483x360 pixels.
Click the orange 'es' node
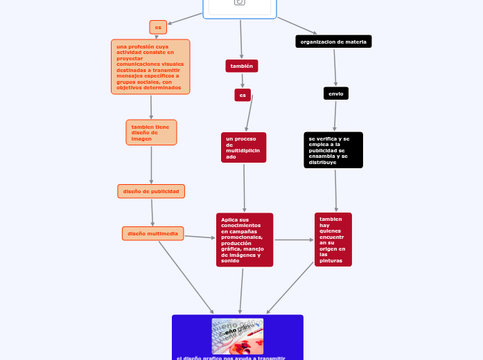coord(158,27)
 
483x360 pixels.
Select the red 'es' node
coord(243,95)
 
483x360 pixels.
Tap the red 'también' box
coord(242,66)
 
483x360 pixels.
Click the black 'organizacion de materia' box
coord(333,42)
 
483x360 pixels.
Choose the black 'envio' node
coord(336,93)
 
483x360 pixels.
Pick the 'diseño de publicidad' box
coord(151,191)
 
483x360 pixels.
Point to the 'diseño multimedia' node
coord(152,233)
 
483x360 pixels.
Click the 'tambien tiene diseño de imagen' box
coord(151,132)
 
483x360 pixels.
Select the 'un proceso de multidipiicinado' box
coord(243,147)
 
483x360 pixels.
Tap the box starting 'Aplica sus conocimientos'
coord(245,240)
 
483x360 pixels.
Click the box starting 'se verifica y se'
coord(333,150)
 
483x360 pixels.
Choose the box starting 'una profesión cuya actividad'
coord(150,66)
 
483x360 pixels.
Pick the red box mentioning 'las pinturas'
coord(333,240)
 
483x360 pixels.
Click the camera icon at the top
coord(240,2)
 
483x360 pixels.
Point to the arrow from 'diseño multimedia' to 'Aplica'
coord(200,237)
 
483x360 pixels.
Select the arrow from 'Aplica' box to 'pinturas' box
coord(294,240)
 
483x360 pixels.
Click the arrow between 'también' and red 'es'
coord(242,80)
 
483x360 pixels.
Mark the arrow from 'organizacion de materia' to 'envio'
coord(335,67)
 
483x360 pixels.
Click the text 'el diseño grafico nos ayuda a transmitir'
coord(231,357)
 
